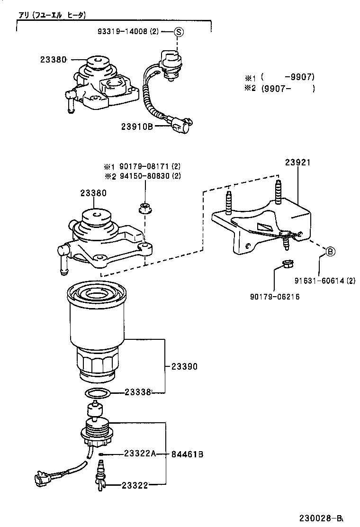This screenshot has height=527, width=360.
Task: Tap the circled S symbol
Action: tap(178, 32)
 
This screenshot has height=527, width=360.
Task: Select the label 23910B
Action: tap(136, 127)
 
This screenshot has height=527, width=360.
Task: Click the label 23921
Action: tap(297, 163)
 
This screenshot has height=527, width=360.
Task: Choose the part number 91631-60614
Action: tap(316, 280)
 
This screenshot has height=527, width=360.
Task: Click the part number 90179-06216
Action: tap(275, 297)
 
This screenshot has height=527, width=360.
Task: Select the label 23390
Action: tap(184, 366)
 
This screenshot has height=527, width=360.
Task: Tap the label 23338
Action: tap(137, 392)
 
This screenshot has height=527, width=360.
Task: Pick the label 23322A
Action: tap(139, 454)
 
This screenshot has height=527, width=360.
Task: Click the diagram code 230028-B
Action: tap(321, 518)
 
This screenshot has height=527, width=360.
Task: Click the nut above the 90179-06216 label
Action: tap(286, 263)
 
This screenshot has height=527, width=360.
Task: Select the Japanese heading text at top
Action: tap(52, 15)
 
